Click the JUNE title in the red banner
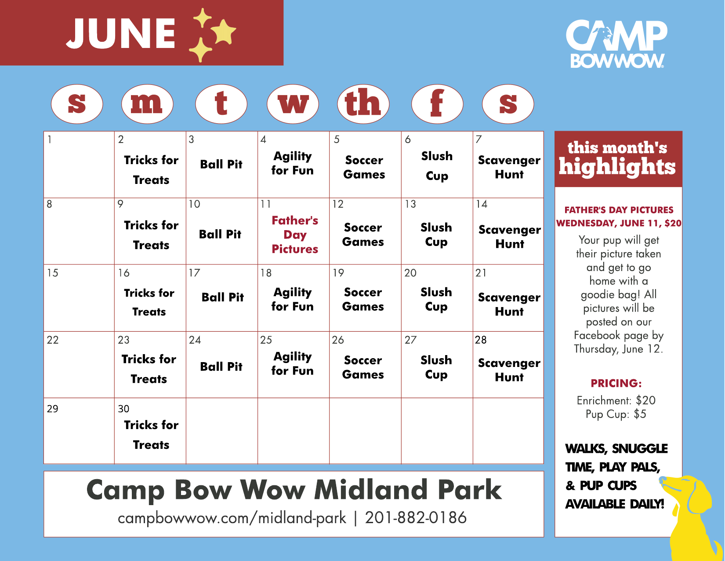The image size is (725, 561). tap(120, 33)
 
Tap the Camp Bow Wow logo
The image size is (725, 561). tap(616, 44)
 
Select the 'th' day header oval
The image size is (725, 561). tap(363, 104)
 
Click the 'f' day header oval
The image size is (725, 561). tap(437, 104)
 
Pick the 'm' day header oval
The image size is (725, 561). tap(147, 104)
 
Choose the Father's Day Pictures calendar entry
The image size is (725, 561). tap(294, 235)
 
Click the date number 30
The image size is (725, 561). tap(123, 409)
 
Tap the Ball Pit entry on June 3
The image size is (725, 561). tap(221, 165)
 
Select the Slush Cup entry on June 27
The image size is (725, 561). tap(436, 367)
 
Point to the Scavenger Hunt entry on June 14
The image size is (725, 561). tap(509, 237)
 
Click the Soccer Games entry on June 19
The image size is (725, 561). tap(363, 299)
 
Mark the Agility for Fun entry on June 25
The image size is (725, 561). tap(292, 364)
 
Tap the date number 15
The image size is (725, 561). tap(52, 273)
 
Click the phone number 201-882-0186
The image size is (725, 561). tap(416, 517)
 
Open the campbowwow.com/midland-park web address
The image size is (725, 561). tap(232, 518)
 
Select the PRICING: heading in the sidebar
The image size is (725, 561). tap(616, 383)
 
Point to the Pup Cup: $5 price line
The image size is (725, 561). tap(616, 414)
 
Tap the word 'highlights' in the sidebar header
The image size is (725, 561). tap(617, 167)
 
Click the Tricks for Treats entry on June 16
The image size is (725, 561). tap(149, 302)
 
